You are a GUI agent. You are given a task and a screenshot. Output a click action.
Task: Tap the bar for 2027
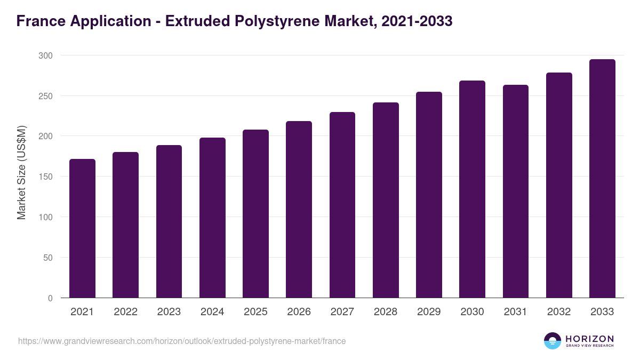click(x=342, y=205)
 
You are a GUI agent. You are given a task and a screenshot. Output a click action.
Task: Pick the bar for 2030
click(x=472, y=189)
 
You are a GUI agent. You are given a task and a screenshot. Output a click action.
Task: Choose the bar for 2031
click(x=516, y=191)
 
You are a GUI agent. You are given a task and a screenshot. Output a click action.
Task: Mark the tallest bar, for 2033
click(x=602, y=179)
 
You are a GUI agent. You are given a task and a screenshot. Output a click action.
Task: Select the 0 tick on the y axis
click(x=50, y=298)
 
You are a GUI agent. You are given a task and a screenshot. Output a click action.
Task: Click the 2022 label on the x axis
click(x=125, y=312)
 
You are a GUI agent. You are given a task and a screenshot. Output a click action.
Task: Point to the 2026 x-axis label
click(x=299, y=312)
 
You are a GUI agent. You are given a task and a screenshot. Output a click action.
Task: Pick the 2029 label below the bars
click(x=429, y=312)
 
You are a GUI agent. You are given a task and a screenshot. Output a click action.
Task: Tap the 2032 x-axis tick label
click(x=559, y=312)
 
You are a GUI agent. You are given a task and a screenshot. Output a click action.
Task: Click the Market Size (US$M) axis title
click(x=21, y=172)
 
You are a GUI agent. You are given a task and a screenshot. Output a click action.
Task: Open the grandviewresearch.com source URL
click(x=182, y=341)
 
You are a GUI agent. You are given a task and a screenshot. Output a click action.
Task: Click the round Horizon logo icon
click(x=553, y=341)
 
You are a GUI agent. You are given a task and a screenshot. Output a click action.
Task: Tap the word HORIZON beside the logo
click(x=589, y=338)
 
